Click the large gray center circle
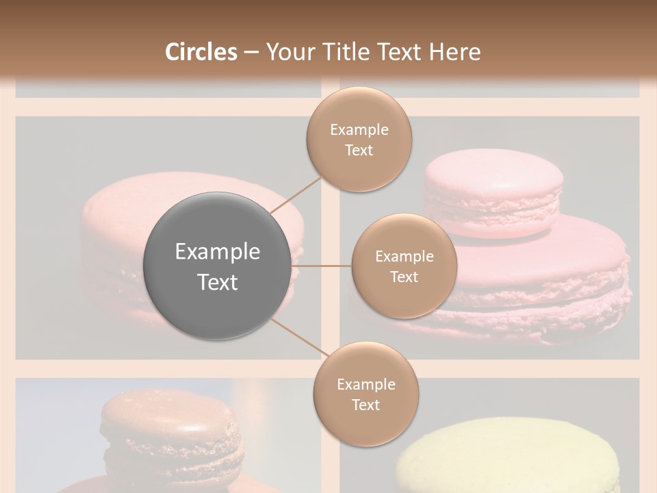216,266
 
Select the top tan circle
359,139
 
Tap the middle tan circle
404,266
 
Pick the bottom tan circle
365,394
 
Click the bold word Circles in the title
201,52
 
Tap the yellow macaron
506,459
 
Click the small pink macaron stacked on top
493,188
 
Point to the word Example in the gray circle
218,252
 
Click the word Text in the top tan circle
359,150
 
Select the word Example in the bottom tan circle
365,384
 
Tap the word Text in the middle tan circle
404,277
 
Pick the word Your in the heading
289,52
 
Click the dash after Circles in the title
250,52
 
